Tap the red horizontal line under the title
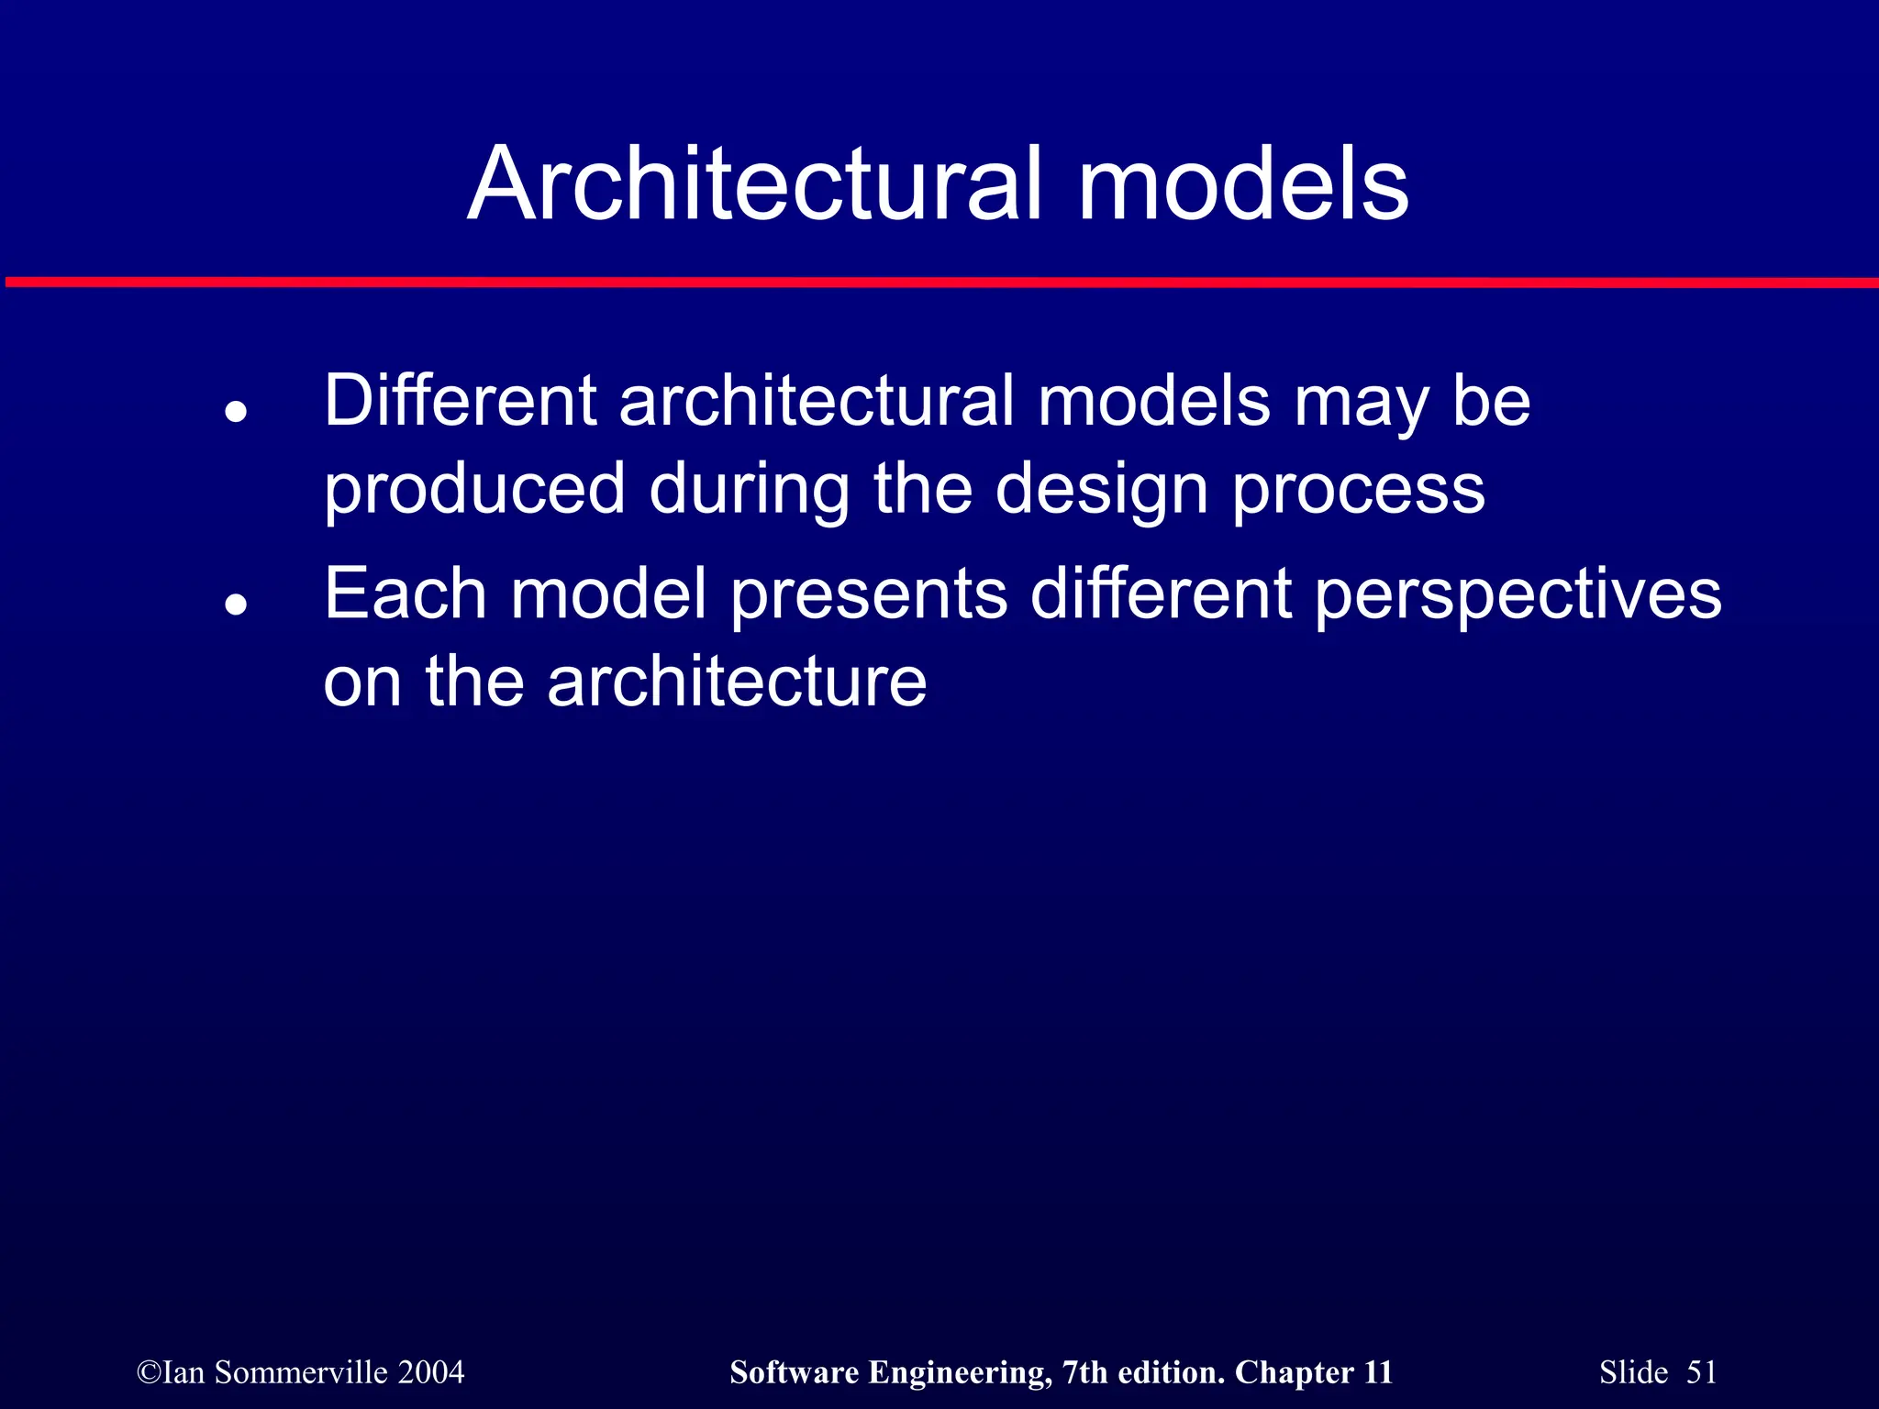[939, 282]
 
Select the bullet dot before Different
[237, 412]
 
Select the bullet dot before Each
[237, 605]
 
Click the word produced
[474, 490]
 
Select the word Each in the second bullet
[405, 594]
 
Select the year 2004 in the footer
[431, 1372]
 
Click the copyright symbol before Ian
[149, 1373]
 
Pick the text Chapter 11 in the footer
[1313, 1372]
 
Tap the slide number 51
[1702, 1372]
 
